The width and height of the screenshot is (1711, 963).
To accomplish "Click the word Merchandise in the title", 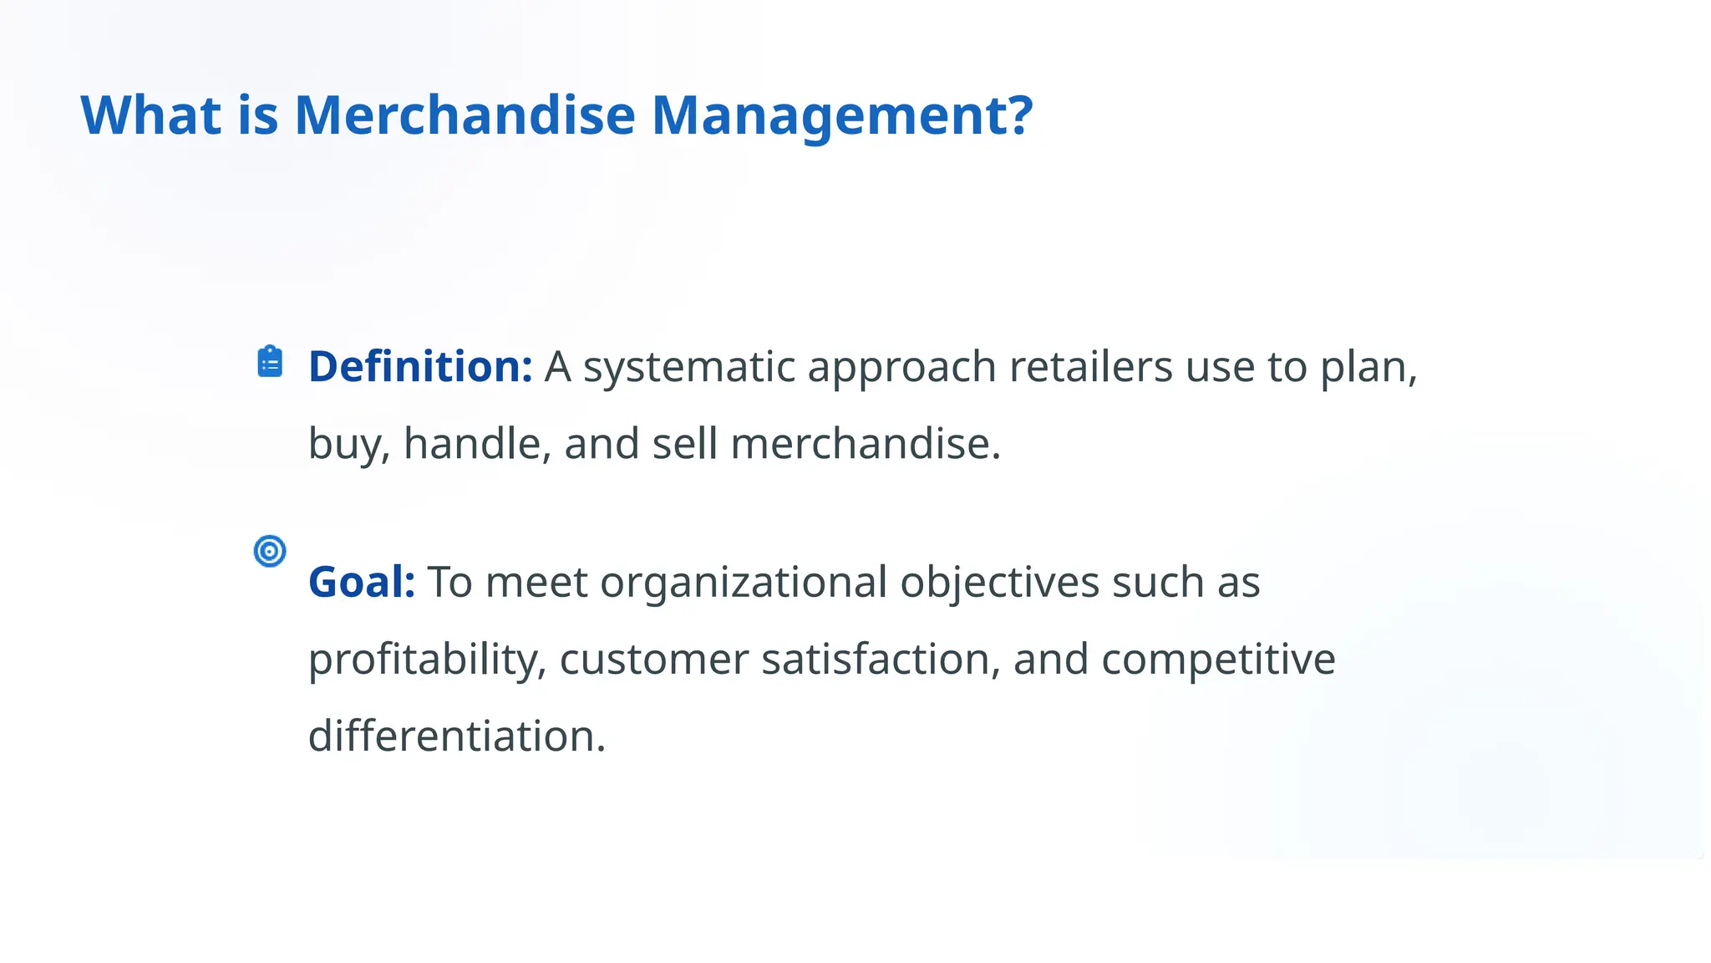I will click(465, 115).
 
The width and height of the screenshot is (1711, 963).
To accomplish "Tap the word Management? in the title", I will click(841, 115).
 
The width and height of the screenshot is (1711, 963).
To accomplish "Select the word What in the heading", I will click(150, 115).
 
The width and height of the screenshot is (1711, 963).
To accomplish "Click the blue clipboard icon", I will click(270, 362).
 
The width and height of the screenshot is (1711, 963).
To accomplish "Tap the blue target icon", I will click(270, 551).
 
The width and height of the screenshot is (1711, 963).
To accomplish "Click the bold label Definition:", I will click(420, 366).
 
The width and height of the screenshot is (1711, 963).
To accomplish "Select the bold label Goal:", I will click(362, 582).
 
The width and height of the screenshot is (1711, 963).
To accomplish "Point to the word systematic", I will click(688, 366).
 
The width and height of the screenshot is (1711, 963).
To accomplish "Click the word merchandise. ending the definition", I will click(866, 443).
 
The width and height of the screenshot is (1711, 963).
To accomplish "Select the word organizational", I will click(743, 582).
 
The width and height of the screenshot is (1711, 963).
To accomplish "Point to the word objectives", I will click(999, 583).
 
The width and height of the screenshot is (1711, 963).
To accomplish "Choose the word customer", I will click(653, 660).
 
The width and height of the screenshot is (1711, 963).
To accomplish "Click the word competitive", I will click(1218, 660).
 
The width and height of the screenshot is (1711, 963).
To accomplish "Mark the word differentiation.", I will click(456, 736).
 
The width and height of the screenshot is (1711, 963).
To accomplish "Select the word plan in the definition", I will click(1368, 368).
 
